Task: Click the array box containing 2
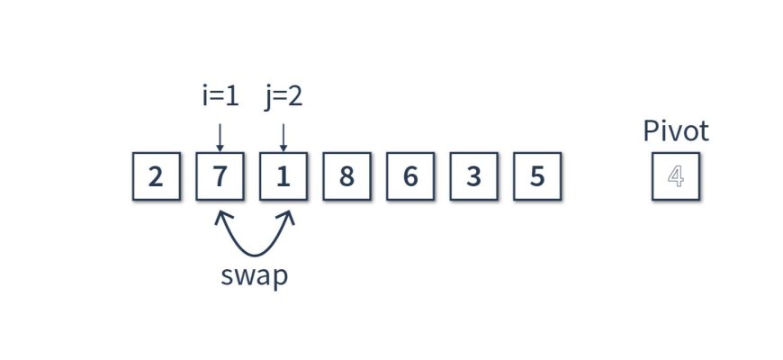(157, 176)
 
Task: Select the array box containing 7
(220, 176)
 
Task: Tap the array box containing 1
(283, 176)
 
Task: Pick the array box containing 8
(346, 176)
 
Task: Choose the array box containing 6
(410, 176)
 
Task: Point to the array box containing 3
(473, 176)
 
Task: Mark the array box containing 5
(537, 176)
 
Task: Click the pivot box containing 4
(675, 176)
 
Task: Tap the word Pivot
(675, 131)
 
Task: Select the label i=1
(220, 95)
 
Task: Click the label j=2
(283, 95)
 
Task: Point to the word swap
(255, 275)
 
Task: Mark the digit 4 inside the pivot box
(675, 176)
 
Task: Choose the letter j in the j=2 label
(268, 97)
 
